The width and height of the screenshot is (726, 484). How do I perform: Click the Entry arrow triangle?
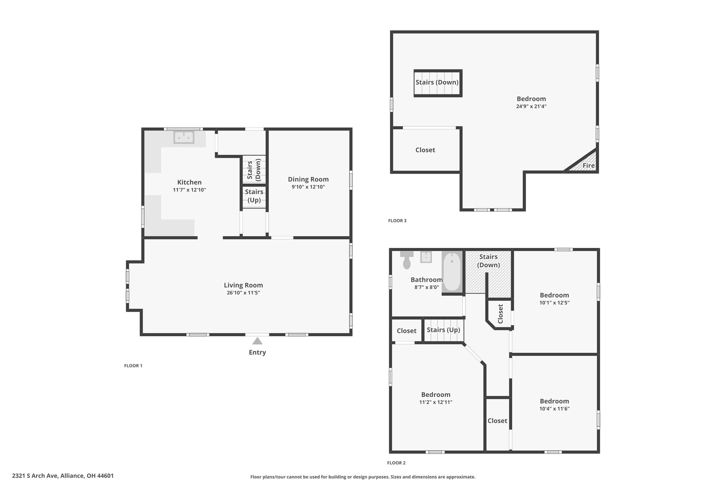(257, 341)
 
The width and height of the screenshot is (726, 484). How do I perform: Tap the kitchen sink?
(184, 137)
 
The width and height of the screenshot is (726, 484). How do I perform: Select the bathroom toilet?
(407, 260)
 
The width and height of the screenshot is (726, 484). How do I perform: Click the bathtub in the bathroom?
(452, 271)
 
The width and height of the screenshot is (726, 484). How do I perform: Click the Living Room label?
(244, 285)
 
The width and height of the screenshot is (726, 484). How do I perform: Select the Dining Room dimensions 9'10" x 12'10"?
(308, 187)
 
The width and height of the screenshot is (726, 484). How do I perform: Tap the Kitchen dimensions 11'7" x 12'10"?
(189, 190)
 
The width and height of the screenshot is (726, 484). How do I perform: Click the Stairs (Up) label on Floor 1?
(254, 196)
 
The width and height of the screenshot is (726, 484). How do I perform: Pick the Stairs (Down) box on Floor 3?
(438, 83)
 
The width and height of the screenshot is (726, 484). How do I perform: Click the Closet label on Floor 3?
(425, 150)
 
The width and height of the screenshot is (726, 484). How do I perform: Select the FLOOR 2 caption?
(396, 463)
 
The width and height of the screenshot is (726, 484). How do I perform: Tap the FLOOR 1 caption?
(133, 366)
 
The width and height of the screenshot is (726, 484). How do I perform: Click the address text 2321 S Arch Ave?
(34, 476)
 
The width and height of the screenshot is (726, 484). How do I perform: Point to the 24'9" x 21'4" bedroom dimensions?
(531, 106)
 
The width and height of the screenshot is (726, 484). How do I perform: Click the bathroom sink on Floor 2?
(426, 257)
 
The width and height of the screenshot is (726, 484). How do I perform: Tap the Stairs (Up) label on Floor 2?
(443, 330)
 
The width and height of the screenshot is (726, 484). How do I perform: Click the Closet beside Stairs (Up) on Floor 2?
(407, 331)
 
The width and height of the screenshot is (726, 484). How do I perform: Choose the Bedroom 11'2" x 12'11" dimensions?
(436, 402)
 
